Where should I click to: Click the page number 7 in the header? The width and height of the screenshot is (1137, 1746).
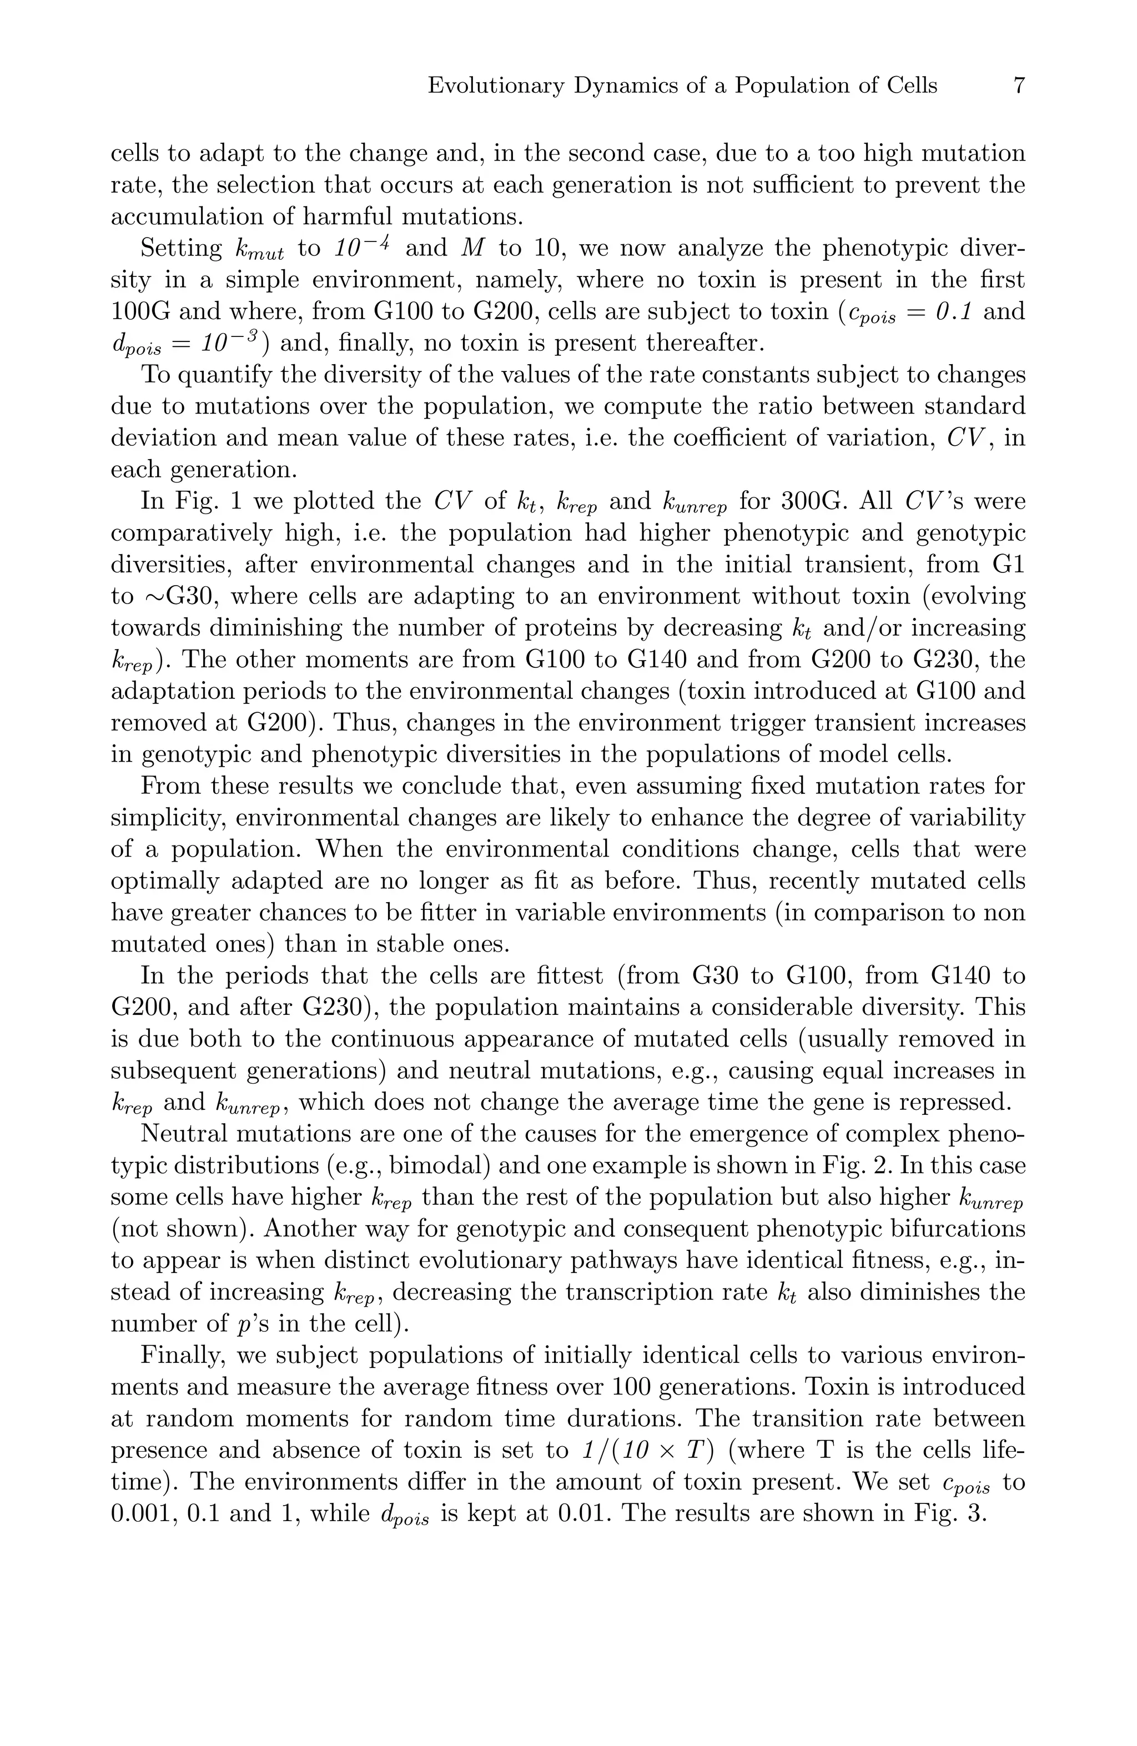coord(1018,86)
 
